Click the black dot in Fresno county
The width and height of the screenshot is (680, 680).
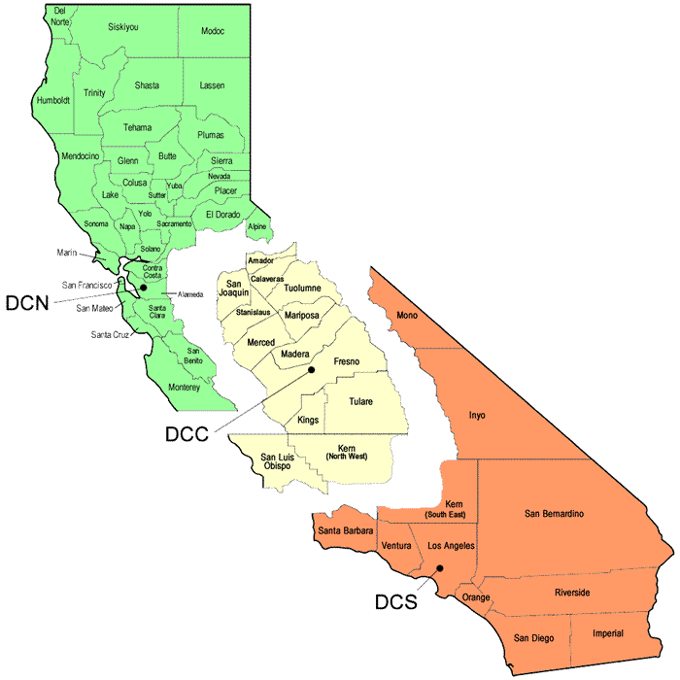point(311,370)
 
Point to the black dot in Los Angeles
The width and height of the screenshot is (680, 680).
point(440,569)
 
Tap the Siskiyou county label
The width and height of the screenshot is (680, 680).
point(123,27)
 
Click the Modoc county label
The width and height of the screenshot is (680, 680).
point(213,31)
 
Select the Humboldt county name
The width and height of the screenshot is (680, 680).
point(53,100)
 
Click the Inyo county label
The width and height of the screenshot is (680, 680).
point(477,415)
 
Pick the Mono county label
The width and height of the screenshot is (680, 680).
point(407,315)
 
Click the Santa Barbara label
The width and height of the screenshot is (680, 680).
point(345,530)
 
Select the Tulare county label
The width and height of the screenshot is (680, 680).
point(360,400)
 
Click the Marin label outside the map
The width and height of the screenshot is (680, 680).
point(67,254)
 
